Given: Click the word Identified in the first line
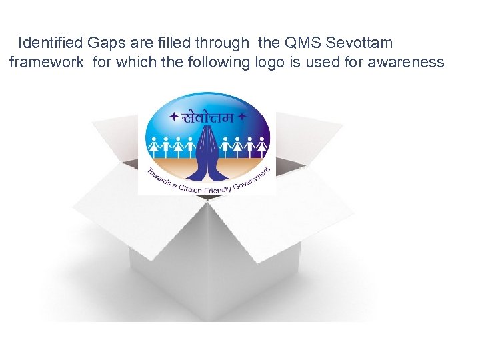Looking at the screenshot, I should [51, 43].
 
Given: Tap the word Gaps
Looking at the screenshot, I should [105, 43].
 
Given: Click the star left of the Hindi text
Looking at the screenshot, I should [174, 117].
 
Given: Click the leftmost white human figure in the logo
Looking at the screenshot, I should [155, 145].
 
